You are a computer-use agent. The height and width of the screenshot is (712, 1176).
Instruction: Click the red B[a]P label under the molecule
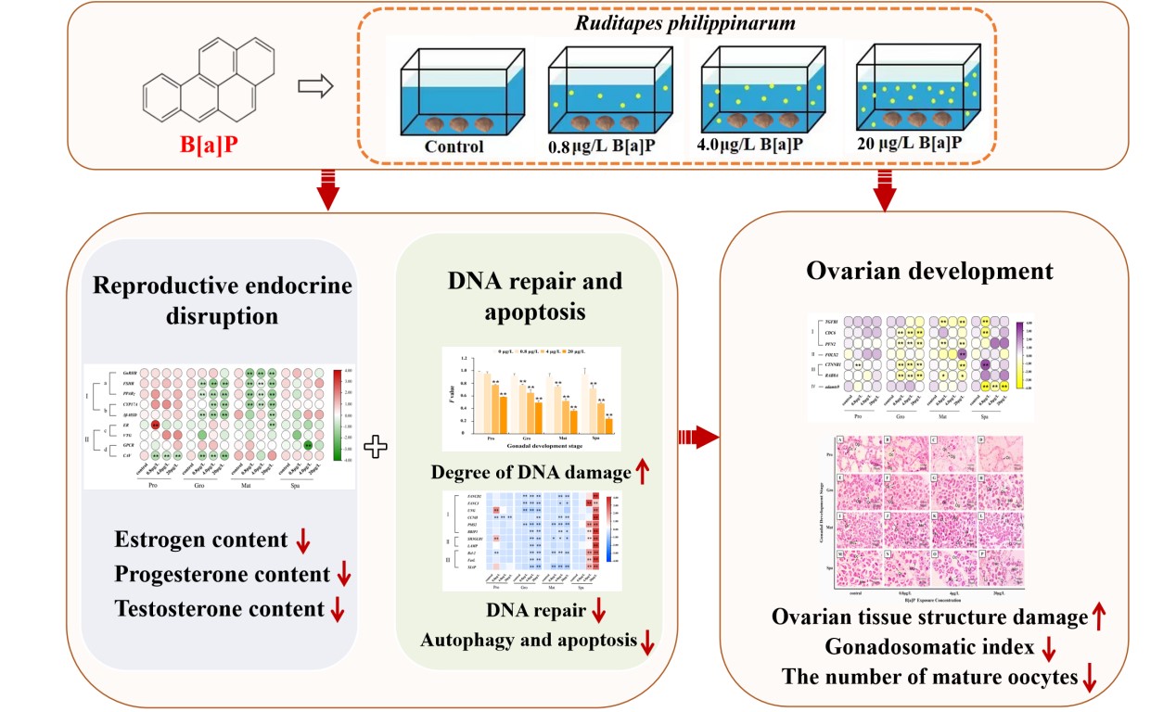pos(209,146)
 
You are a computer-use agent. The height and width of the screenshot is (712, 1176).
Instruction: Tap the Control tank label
pos(454,146)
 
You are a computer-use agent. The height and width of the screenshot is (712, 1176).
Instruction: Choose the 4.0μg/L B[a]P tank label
pos(749,145)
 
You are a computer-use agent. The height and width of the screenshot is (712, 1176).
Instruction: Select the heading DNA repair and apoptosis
pos(521,296)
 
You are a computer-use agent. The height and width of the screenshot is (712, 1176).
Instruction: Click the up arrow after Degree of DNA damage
pos(642,473)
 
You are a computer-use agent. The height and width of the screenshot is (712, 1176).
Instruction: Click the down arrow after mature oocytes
pos(1091,680)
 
